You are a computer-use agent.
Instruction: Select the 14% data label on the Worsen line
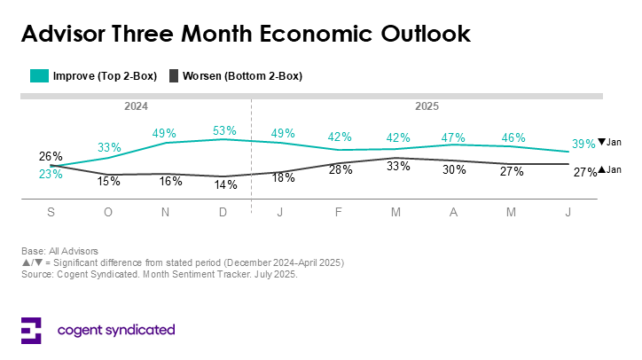tap(226, 185)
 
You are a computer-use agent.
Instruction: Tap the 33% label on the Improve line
tap(109, 147)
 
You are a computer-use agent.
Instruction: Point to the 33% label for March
tap(397, 167)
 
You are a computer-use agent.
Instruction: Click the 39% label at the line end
tap(583, 143)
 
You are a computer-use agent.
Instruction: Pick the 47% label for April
tap(454, 137)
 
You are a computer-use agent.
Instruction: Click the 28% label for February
tap(340, 169)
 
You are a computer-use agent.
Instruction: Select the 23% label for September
tap(51, 175)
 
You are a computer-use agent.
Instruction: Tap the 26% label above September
tap(51, 157)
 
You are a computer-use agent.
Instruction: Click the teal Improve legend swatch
tap(39, 76)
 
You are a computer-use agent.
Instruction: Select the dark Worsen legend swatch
tap(174, 76)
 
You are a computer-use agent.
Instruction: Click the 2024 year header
tap(135, 106)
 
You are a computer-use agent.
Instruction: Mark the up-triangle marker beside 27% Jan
tap(601, 170)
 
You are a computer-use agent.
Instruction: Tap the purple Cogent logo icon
tap(31, 330)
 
